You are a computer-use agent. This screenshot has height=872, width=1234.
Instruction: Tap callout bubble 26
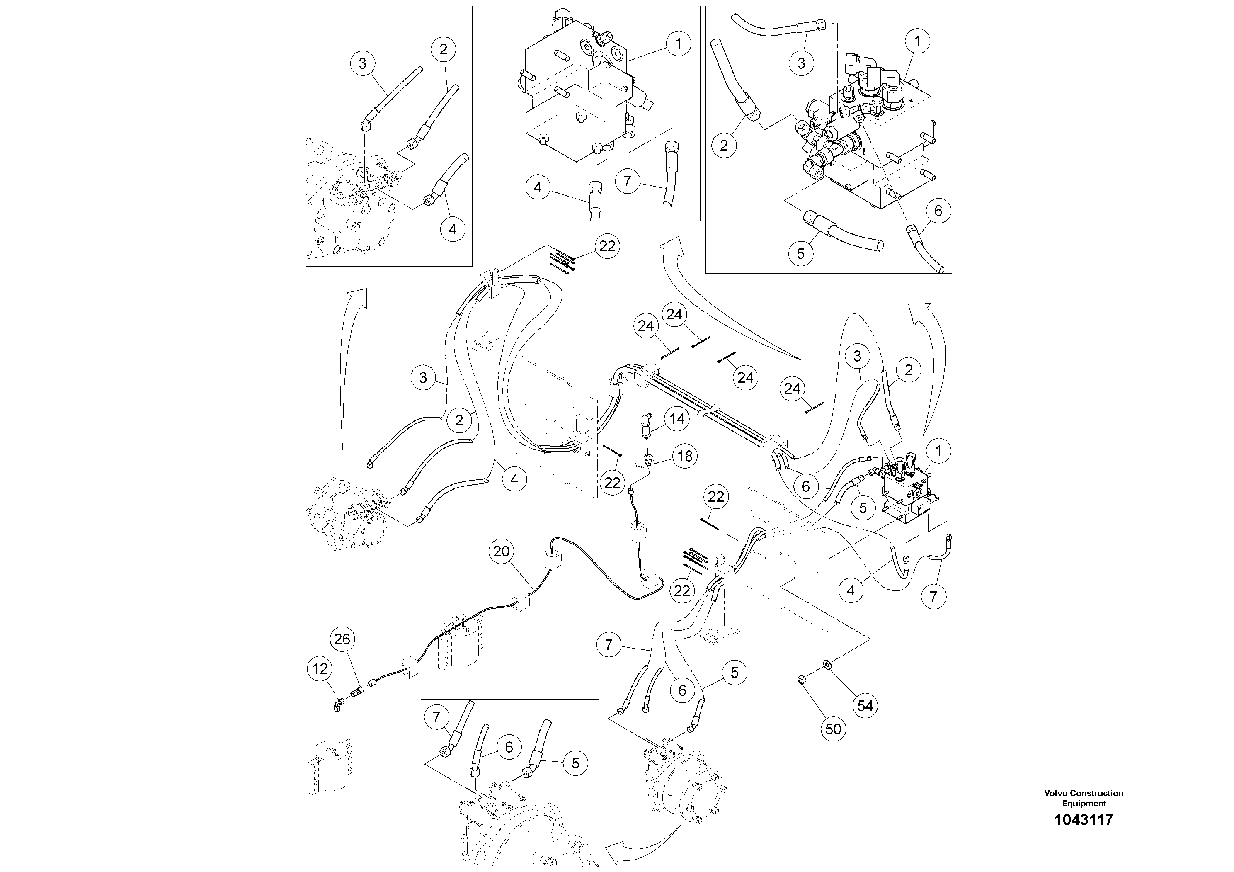tap(342, 639)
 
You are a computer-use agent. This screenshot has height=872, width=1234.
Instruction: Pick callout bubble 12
tap(320, 669)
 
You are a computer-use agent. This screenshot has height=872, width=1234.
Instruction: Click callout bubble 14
tap(676, 419)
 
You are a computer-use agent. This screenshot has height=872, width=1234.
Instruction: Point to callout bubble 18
tap(685, 457)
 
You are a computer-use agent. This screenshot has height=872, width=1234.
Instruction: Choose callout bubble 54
tap(865, 705)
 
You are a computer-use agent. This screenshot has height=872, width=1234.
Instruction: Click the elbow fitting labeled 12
tap(337, 704)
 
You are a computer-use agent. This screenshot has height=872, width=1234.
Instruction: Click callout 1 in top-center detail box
tap(678, 44)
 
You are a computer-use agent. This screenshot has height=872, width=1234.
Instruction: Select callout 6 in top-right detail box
tap(938, 211)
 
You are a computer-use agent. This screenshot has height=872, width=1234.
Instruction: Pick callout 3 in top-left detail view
tap(362, 63)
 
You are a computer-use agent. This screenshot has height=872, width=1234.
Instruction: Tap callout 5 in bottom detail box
tap(575, 763)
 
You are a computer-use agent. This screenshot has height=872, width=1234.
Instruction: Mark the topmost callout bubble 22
tap(607, 246)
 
